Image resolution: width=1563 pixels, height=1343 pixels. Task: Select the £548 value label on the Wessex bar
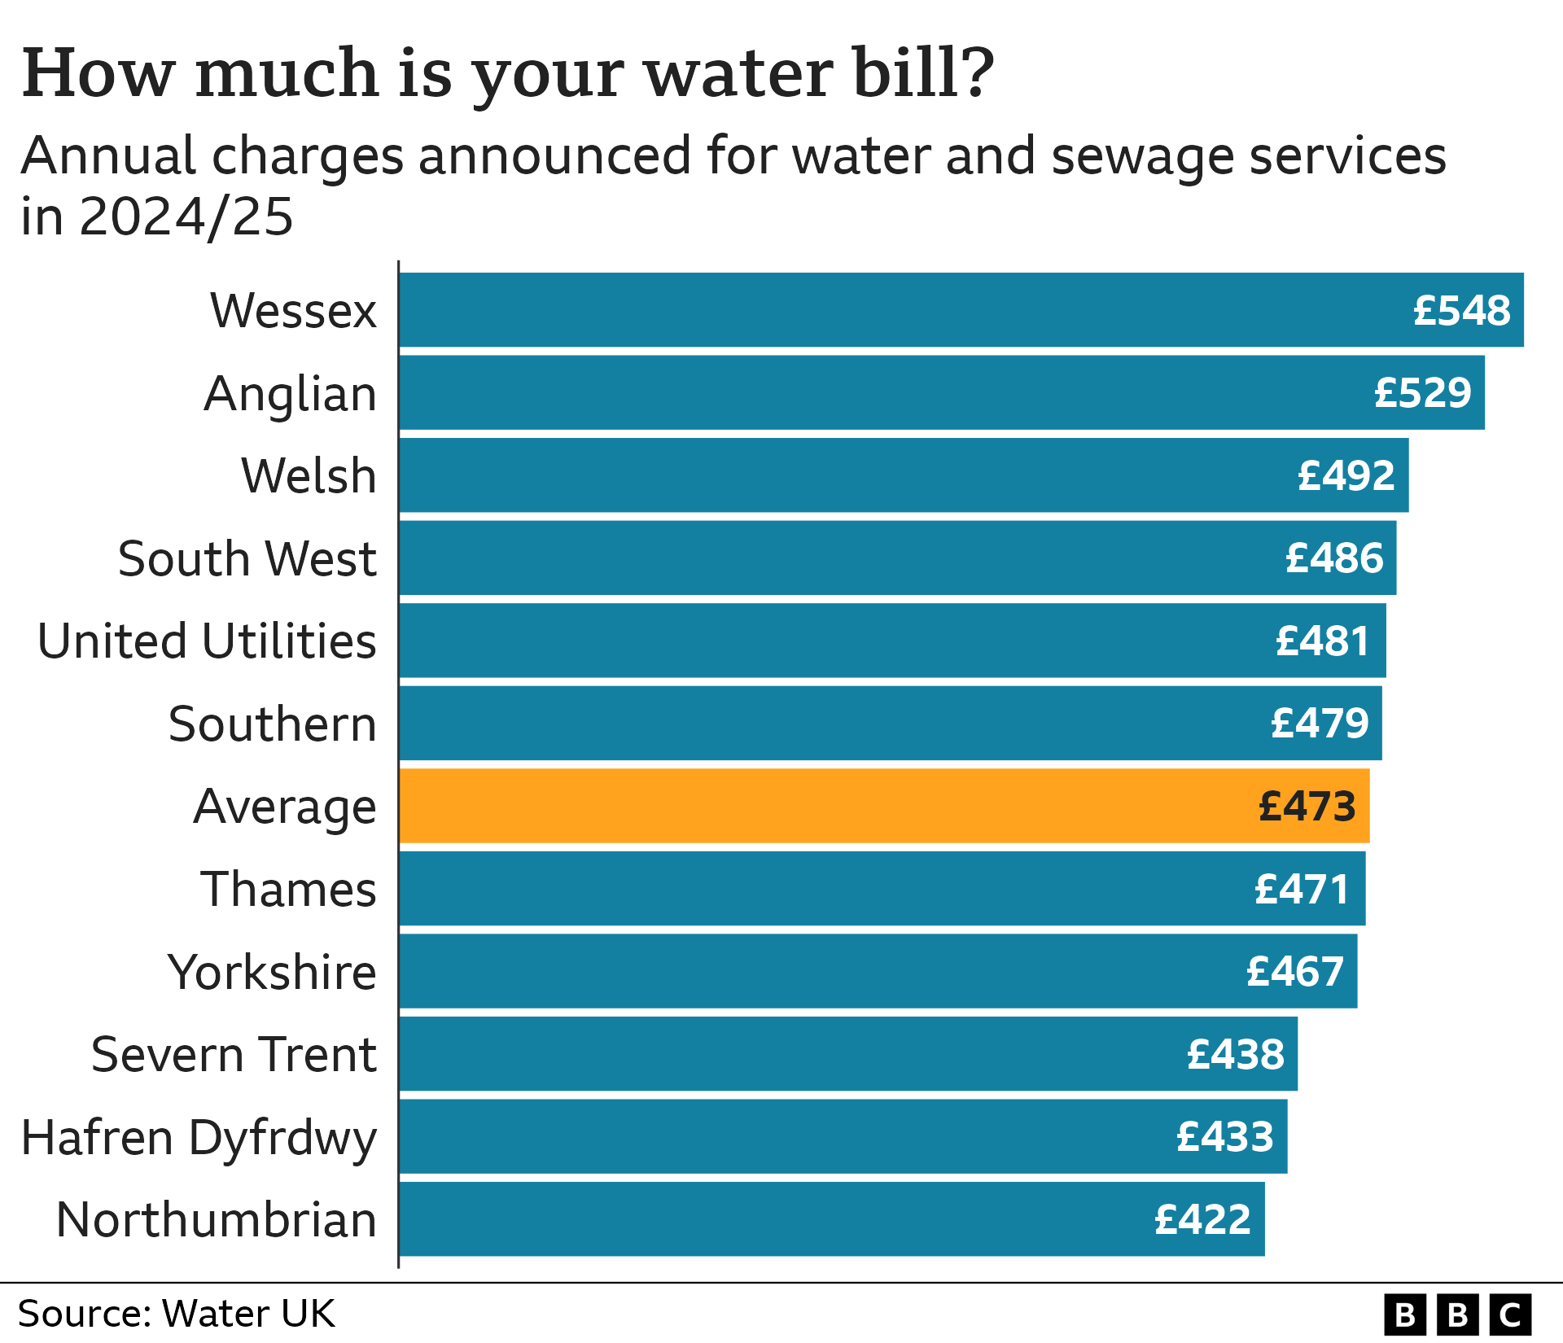coord(1461,311)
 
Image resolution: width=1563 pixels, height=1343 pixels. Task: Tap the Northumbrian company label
coord(216,1219)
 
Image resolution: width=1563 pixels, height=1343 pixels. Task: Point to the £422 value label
coord(1202,1219)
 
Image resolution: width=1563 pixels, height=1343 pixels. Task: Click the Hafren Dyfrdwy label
coord(199,1138)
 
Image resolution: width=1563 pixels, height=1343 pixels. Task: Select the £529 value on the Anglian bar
coord(1422,393)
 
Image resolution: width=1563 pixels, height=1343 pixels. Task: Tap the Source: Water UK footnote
coord(176,1314)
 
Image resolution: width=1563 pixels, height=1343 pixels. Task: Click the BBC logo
coord(1457,1315)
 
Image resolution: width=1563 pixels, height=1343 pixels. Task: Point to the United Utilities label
coord(207,641)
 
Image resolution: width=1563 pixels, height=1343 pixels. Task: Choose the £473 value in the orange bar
coord(1307,807)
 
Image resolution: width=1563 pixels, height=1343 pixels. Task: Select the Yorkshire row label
coord(272,972)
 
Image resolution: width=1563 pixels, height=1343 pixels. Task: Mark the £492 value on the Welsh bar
coord(1346,476)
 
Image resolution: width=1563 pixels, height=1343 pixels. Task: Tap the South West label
coord(247,559)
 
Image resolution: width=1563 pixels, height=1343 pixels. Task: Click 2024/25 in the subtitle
coord(186,217)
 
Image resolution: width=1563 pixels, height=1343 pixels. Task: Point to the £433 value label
coord(1224,1137)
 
